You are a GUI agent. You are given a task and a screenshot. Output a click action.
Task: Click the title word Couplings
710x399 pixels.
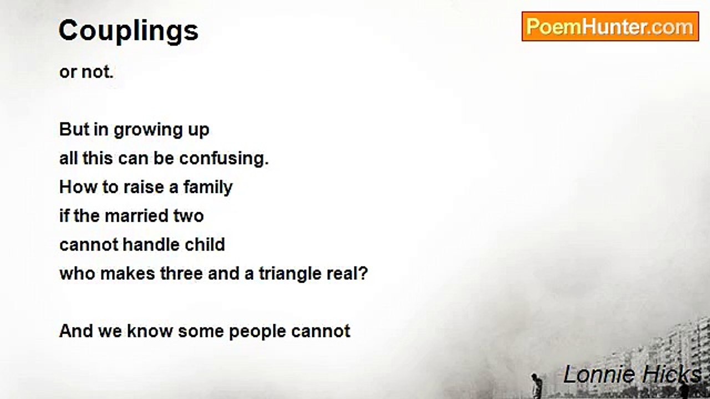coord(128,31)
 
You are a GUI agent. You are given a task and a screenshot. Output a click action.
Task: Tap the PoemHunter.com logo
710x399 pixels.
coord(610,27)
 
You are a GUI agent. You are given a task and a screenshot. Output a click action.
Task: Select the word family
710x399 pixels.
coord(207,187)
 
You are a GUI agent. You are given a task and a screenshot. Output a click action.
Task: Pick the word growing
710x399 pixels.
coord(140,130)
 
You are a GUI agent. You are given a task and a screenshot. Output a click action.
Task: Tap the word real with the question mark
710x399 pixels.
coord(348,274)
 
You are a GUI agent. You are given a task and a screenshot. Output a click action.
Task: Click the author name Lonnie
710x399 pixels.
coord(595,375)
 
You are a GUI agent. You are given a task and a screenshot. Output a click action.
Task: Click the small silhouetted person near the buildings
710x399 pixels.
coord(536,385)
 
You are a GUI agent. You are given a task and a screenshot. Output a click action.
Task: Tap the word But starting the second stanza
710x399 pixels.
coord(74,130)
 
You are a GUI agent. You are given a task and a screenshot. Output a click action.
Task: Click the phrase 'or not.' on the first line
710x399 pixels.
coord(86,72)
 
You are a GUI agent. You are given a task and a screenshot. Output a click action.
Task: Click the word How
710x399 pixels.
coord(74,187)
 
